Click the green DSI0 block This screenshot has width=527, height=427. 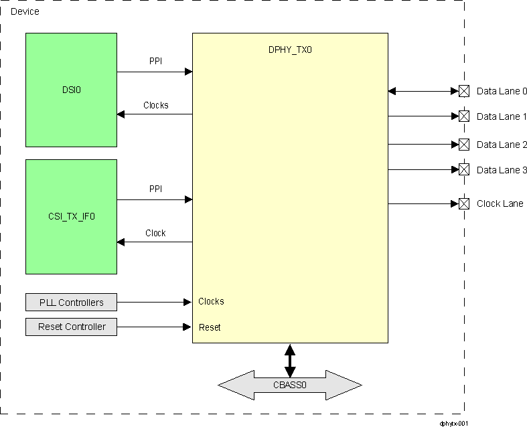pyautogui.click(x=71, y=90)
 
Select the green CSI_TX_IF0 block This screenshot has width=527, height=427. pyautogui.click(x=71, y=216)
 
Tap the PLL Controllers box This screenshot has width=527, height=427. pyautogui.click(x=71, y=303)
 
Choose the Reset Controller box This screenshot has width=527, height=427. pyautogui.click(x=71, y=327)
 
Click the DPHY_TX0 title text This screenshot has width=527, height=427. pyautogui.click(x=290, y=50)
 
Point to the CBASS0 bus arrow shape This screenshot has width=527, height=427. pyautogui.click(x=289, y=385)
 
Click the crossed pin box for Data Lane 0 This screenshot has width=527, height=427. pyautogui.click(x=463, y=91)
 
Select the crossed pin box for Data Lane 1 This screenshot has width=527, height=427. pyautogui.click(x=463, y=116)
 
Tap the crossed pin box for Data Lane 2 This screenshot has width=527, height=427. pyautogui.click(x=463, y=144)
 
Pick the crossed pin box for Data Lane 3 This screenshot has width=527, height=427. pyautogui.click(x=463, y=169)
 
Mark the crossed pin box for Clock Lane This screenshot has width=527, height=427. pyautogui.click(x=463, y=203)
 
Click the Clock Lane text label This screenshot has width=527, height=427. pyautogui.click(x=500, y=203)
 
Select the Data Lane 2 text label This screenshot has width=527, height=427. pyautogui.click(x=502, y=145)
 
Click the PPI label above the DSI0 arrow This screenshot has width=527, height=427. pyautogui.click(x=155, y=62)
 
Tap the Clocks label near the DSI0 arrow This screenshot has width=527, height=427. pyautogui.click(x=155, y=105)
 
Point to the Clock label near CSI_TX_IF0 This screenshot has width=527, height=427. pyautogui.click(x=155, y=233)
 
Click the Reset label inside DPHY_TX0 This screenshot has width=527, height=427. pyautogui.click(x=210, y=327)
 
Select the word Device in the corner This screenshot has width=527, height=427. pyautogui.click(x=25, y=11)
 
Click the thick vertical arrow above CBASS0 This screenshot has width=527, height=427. pyautogui.click(x=289, y=359)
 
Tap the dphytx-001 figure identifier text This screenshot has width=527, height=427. pyautogui.click(x=453, y=423)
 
